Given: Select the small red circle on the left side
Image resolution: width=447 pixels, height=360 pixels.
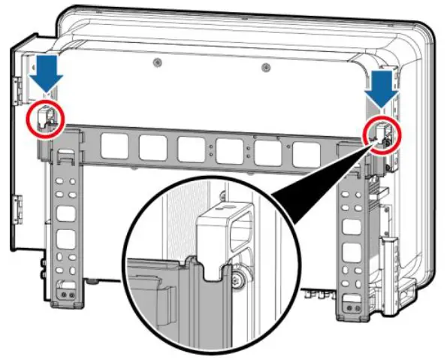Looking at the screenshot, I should point(46,116).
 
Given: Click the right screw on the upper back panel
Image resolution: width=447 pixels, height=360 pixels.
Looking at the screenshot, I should point(264,67).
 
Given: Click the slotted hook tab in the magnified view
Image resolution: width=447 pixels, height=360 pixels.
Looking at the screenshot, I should point(221,232).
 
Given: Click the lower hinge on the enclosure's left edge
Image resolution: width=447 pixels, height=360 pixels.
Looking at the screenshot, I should point(17,204).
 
